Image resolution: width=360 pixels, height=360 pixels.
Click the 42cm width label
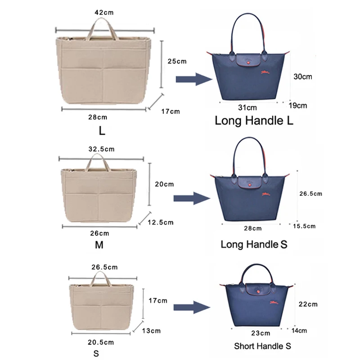tap(104, 13)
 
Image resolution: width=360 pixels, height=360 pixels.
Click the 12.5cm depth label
tap(161, 222)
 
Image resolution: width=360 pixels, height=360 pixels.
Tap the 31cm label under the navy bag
tap(247, 108)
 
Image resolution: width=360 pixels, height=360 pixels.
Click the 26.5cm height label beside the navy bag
tap(311, 193)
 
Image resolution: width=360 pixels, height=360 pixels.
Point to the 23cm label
tap(261, 333)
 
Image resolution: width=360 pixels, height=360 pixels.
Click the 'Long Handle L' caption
tap(254, 121)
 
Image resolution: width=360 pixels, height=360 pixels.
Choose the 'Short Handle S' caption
tap(262, 346)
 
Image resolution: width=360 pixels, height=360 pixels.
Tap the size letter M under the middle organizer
tap(99, 245)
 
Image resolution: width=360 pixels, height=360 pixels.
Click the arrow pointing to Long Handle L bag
tap(193, 80)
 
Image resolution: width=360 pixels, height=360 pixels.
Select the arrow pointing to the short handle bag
tap(193, 308)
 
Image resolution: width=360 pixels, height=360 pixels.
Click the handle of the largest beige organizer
tap(103, 29)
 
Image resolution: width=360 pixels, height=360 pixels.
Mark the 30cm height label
tap(302, 76)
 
